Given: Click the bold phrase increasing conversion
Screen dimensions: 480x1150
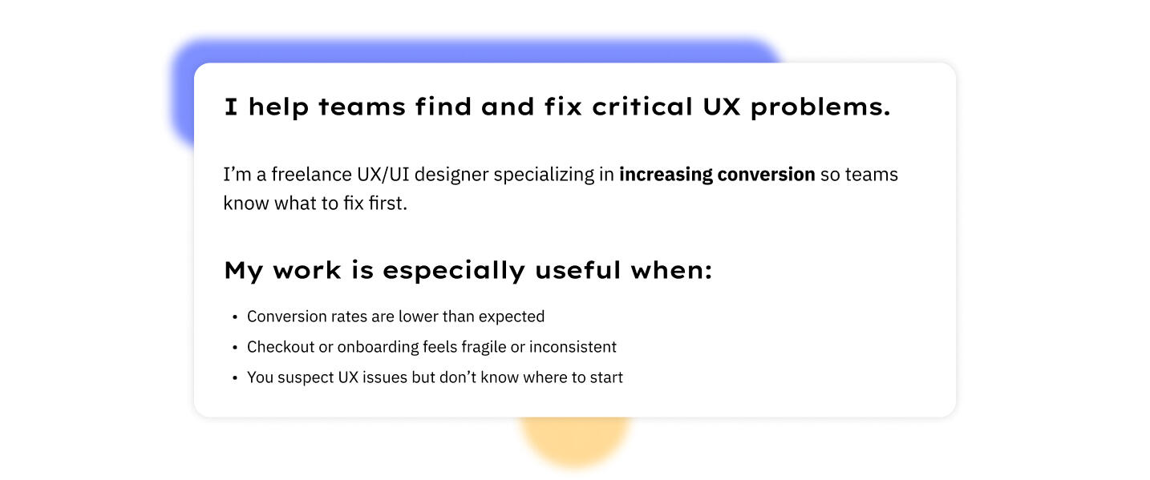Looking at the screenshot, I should [716, 175].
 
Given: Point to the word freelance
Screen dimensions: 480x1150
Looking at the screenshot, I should [308, 175].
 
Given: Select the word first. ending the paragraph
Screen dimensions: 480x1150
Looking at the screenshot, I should [388, 204].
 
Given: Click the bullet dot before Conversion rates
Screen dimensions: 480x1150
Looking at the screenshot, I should [235, 317].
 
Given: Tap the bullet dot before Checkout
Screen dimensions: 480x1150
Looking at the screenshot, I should [235, 348].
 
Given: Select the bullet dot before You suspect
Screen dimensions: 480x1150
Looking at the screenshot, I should [235, 378].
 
